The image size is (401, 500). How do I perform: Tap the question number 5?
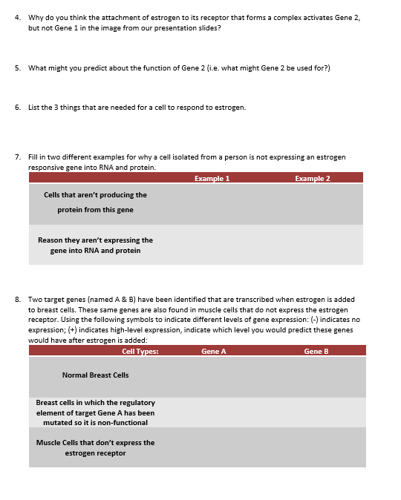point(17,68)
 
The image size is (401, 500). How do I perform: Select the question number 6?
point(17,107)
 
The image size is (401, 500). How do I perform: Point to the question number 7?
point(17,157)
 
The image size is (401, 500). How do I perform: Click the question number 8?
point(17,300)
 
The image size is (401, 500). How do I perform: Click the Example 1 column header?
point(212,178)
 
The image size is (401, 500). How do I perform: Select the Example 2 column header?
point(312,178)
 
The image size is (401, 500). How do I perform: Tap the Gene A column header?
point(214,351)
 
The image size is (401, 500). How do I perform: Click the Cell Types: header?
point(140,351)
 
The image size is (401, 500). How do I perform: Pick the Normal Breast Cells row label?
point(95,375)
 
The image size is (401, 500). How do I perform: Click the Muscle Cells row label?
point(95,447)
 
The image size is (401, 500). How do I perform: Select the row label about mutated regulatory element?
point(95,412)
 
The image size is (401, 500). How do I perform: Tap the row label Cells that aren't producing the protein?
point(95,202)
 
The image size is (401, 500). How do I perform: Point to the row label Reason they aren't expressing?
point(95,245)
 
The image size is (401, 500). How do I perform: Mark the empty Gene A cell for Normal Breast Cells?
point(214,376)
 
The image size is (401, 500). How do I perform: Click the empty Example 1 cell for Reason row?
point(212,245)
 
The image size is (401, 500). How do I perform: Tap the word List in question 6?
point(34,107)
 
